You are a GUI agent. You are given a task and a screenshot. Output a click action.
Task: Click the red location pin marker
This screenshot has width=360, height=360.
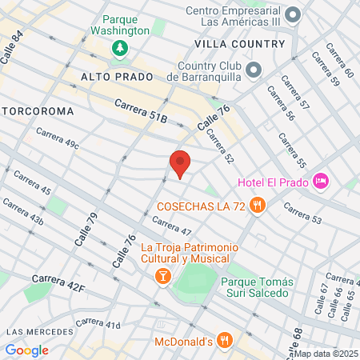coord(180,163)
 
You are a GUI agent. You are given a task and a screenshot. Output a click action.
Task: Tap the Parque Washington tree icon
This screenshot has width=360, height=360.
coord(119,48)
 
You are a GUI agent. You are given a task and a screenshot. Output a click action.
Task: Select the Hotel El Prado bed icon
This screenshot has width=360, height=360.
coord(321,181)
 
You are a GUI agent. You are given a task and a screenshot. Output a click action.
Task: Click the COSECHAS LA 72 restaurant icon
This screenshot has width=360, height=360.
coord(257,206)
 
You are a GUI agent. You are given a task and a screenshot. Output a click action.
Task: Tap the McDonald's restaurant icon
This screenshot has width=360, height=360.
coord(225,340)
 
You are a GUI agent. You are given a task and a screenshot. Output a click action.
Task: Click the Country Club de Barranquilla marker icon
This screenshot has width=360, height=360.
coord(254,70)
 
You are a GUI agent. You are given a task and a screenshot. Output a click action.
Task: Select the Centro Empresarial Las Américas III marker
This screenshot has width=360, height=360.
coord(293,14)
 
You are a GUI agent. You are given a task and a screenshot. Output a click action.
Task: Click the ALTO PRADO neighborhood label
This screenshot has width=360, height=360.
coord(112,76)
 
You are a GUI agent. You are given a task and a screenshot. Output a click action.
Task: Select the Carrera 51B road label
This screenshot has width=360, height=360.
coord(141,110)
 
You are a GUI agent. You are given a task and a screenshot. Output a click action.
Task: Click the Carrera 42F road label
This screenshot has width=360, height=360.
coord(59,284)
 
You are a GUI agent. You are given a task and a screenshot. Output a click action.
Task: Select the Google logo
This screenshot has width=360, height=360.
coord(26,350)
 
